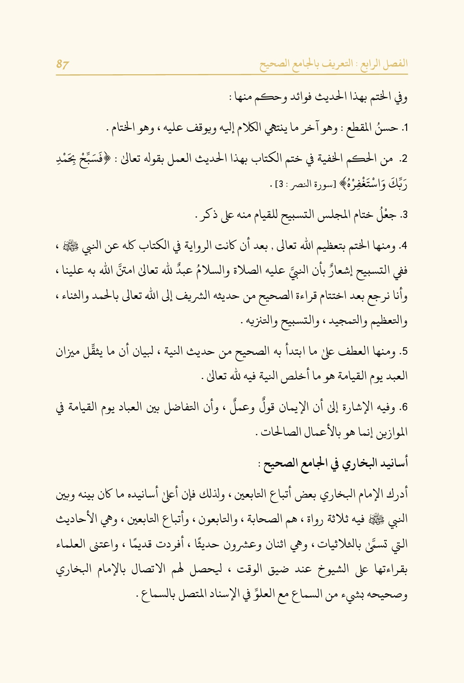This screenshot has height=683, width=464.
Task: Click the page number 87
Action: click(62, 65)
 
